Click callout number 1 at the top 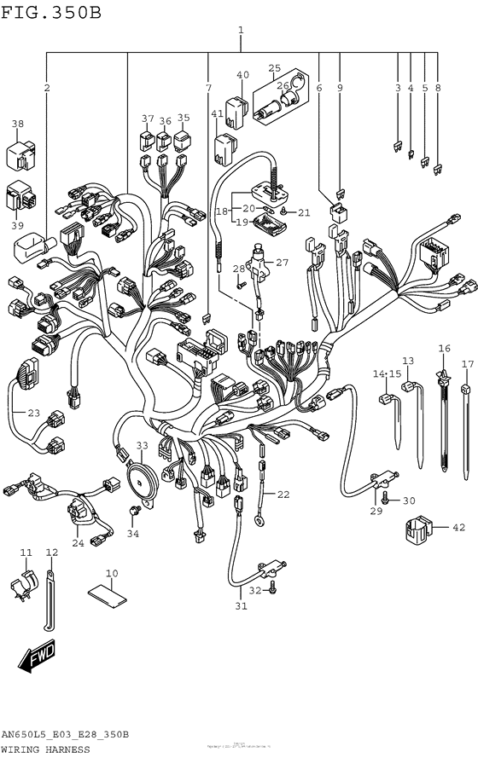tap(241, 32)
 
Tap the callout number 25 tap(274, 68)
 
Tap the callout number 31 tap(242, 606)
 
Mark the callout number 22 tap(283, 494)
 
